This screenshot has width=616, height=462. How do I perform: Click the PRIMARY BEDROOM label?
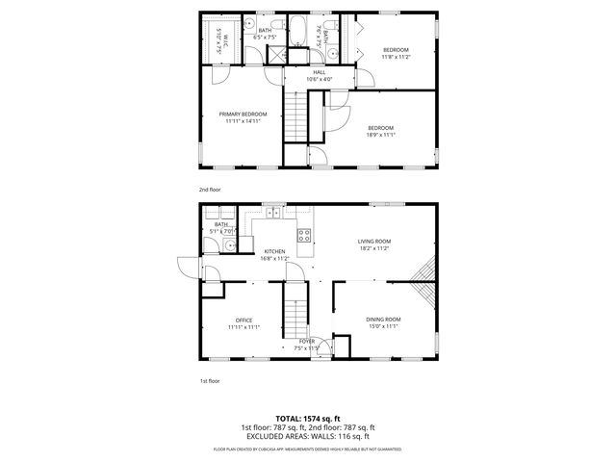(242, 114)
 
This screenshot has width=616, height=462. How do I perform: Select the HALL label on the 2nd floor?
(318, 72)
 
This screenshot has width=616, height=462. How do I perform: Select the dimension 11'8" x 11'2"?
(396, 57)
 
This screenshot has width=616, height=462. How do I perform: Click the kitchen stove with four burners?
(306, 233)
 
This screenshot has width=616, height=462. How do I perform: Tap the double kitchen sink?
(274, 211)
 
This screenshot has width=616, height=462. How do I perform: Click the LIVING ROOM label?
(374, 241)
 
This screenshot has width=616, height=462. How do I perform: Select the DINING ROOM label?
(382, 320)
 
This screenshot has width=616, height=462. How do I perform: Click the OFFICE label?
(244, 320)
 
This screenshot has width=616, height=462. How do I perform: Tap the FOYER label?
(307, 341)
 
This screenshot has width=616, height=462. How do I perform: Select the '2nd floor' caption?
(211, 191)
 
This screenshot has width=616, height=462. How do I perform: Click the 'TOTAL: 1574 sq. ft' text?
(307, 419)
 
